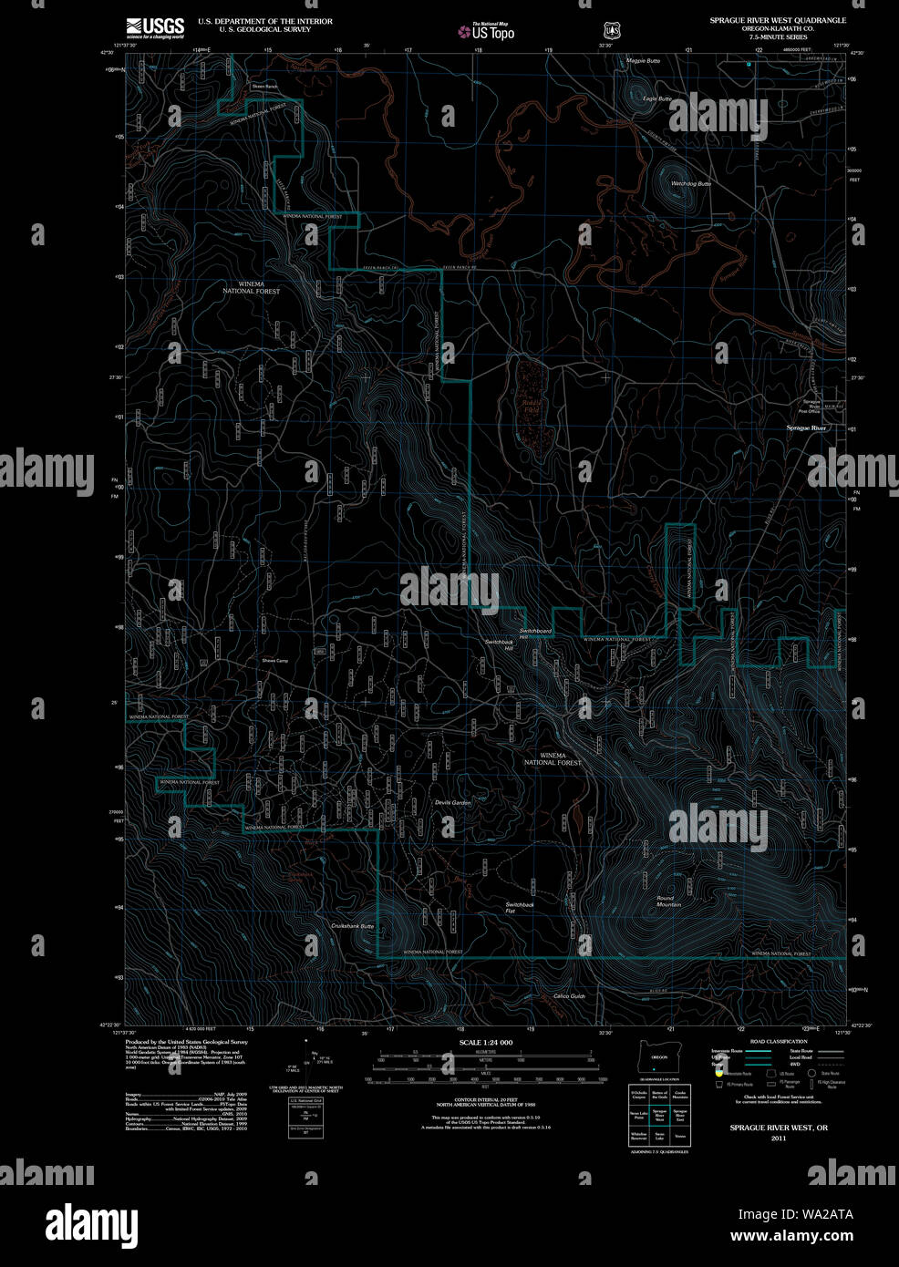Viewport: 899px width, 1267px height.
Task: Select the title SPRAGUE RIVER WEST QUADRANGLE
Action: (x=778, y=20)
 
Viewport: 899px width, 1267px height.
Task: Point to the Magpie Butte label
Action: (x=643, y=61)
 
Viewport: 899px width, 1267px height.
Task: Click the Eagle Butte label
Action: (x=656, y=98)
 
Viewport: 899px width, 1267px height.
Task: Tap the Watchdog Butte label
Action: (x=690, y=184)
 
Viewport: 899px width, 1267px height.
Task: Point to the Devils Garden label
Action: (x=452, y=802)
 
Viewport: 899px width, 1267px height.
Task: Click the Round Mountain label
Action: (x=668, y=901)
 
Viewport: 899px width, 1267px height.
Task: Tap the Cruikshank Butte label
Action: (x=352, y=926)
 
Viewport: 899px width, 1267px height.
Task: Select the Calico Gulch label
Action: (x=569, y=996)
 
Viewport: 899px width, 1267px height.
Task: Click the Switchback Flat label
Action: (x=520, y=907)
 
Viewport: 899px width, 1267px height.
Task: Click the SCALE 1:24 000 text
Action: (x=486, y=1042)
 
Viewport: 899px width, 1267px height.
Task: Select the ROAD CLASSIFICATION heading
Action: (x=778, y=1041)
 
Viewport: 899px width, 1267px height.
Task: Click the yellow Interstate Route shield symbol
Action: (x=718, y=1074)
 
